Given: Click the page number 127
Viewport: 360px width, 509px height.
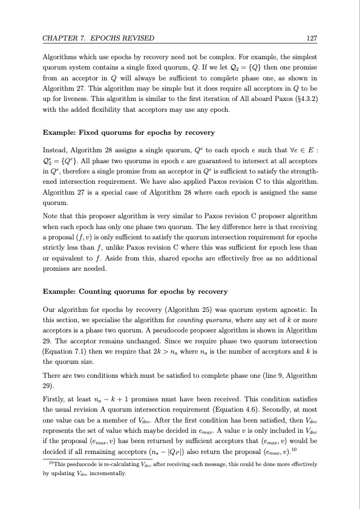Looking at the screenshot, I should point(312,39).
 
